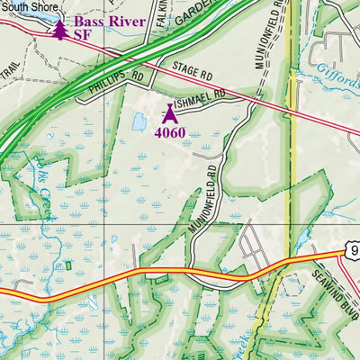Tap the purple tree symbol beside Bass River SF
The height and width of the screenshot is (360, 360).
click(x=59, y=30)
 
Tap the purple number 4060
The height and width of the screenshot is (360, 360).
click(x=169, y=133)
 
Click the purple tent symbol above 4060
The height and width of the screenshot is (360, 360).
click(x=169, y=112)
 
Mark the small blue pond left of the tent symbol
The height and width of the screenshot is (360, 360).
click(x=139, y=121)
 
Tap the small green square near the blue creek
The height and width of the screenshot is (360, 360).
click(x=68, y=265)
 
